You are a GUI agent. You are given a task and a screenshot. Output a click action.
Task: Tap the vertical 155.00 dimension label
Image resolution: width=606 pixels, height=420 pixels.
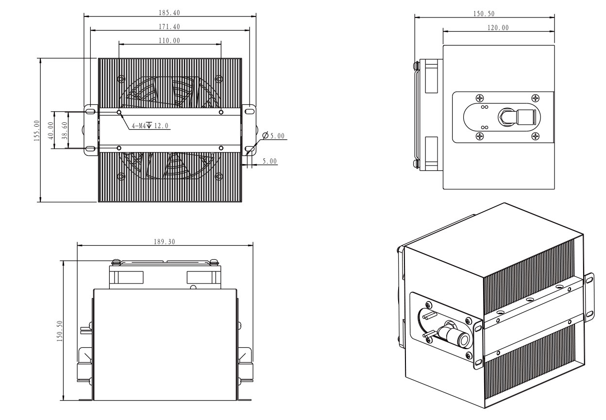36,130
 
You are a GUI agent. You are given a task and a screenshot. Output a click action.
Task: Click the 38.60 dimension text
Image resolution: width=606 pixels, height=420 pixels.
64,130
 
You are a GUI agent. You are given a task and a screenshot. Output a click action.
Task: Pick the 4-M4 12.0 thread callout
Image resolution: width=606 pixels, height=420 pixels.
150,126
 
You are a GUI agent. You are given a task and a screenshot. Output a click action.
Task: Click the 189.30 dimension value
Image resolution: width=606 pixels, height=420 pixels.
165,242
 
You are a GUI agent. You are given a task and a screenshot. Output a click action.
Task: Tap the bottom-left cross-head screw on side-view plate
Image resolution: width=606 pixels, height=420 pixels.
480,135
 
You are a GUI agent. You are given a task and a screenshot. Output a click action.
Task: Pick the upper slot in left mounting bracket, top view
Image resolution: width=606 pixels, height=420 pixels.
90,112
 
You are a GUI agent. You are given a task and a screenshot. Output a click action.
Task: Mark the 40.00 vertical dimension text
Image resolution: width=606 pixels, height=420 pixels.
50,130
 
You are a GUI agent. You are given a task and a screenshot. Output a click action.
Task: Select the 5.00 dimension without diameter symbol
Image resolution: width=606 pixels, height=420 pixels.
269,161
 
